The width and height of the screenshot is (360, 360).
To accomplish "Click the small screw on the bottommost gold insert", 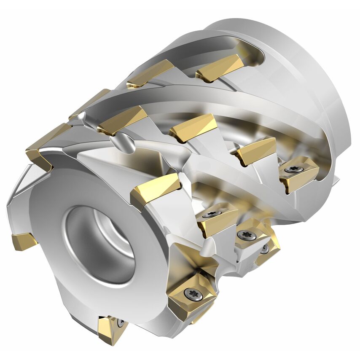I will [x=121, y=323].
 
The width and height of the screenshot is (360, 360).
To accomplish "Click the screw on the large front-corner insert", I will [x=193, y=293].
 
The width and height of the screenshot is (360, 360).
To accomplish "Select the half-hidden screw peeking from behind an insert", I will [x=264, y=249].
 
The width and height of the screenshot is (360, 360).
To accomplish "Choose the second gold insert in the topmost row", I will [x=150, y=73].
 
